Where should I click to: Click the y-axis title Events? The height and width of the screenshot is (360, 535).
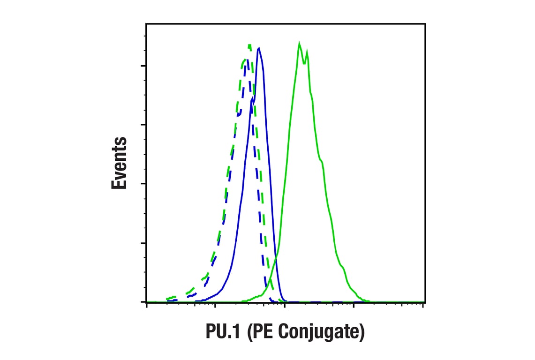tap(119, 163)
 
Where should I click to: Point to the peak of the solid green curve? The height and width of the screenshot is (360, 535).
tap(299, 43)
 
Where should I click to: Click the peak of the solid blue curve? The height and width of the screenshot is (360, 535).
tap(259, 48)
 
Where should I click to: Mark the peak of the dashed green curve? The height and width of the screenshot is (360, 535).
tap(249, 45)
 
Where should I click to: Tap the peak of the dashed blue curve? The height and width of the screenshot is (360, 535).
tap(247, 59)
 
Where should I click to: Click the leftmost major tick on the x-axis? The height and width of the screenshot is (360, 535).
tap(147, 305)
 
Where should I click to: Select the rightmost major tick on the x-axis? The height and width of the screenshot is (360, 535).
tap(423, 305)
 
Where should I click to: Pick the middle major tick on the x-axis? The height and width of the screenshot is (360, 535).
tap(285, 305)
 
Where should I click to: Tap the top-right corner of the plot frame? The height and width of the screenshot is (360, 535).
tap(425, 23)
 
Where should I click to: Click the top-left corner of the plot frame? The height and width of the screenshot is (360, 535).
tap(146, 23)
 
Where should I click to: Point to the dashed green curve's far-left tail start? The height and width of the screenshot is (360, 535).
tap(167, 299)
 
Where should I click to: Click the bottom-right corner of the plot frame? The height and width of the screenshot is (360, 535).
tap(425, 302)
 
